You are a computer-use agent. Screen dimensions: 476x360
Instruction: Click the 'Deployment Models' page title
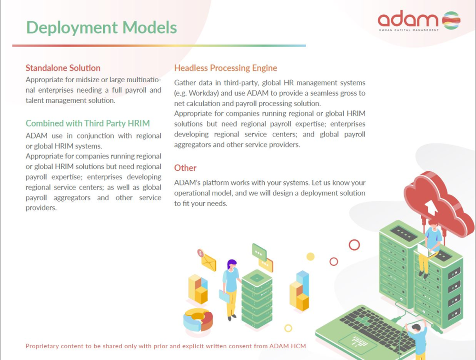101,28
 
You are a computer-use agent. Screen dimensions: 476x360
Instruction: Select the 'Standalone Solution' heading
63,68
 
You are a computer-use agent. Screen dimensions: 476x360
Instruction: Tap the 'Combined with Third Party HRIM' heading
88,124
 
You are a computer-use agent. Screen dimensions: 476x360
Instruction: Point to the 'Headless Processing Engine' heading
226,68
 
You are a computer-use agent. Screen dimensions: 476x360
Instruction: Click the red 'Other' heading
185,168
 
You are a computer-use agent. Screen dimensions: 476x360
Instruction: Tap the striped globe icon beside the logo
451,20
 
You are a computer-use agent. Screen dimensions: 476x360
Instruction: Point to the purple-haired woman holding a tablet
230,290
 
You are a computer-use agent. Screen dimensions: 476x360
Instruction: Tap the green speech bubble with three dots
259,252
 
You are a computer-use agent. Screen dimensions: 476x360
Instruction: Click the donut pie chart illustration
198,320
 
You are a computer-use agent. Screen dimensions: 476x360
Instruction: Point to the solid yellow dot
310,257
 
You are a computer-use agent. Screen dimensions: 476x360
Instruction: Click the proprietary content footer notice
166,346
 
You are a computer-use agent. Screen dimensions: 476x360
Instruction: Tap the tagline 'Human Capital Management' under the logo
408,30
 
